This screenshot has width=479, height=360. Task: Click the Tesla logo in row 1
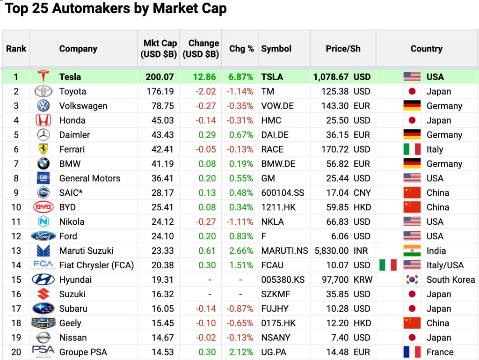[x=43, y=77]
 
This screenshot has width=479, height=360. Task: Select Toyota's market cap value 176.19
[x=160, y=91]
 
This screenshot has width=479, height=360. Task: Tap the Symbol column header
[x=276, y=49]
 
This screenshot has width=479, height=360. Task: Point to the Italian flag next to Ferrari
[x=412, y=149]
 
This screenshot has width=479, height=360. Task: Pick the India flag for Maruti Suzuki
[x=412, y=251]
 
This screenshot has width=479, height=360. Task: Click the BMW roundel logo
[x=43, y=164]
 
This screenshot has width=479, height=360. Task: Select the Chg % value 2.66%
[x=241, y=251]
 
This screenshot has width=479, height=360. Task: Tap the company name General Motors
[x=89, y=178]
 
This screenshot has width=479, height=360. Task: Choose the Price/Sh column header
[x=343, y=49]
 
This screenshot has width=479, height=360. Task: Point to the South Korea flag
[x=412, y=280]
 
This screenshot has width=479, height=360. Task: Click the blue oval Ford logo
[x=43, y=236]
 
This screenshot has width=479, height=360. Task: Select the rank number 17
[x=16, y=309]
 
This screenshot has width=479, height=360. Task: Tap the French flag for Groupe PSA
[x=412, y=352]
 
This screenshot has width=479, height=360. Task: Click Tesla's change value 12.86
[x=204, y=77]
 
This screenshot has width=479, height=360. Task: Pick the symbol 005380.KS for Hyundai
[x=283, y=280]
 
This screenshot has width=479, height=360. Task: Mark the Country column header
[x=426, y=49]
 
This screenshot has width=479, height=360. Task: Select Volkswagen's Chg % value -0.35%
[x=240, y=106]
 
